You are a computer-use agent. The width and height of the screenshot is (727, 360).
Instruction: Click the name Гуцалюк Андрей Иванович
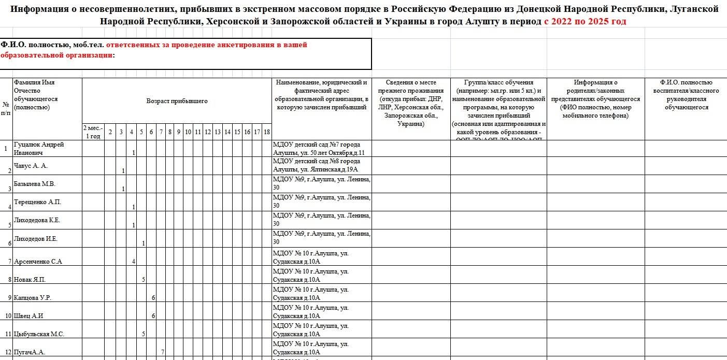tap(39, 149)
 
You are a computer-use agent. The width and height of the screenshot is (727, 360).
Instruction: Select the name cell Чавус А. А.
tap(31, 166)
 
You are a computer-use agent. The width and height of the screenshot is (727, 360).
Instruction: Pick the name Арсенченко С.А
tap(38, 262)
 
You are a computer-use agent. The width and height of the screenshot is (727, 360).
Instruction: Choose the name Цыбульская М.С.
tap(39, 334)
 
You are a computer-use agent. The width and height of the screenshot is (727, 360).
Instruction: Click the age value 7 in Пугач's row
tap(163, 352)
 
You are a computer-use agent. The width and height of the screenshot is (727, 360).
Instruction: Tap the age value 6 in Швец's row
tap(153, 316)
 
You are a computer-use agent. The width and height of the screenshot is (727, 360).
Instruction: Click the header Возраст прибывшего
tap(177, 101)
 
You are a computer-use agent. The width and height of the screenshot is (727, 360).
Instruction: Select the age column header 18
tap(266, 132)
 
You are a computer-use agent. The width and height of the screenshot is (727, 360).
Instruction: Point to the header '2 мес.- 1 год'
tap(93, 132)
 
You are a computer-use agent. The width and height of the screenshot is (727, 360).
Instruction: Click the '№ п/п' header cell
tap(6, 109)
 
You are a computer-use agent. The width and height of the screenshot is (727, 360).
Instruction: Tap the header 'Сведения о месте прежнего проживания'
tap(411, 104)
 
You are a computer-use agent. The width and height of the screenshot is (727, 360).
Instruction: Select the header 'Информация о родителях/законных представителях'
tap(595, 99)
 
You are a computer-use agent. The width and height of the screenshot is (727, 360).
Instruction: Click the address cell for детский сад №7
tap(321, 149)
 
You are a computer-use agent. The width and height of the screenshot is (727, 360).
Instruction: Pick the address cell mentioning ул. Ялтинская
tap(321, 166)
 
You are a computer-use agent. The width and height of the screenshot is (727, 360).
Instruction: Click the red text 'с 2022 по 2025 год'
tap(585, 21)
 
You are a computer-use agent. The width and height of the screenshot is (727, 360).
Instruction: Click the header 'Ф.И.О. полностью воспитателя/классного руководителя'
tap(686, 95)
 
